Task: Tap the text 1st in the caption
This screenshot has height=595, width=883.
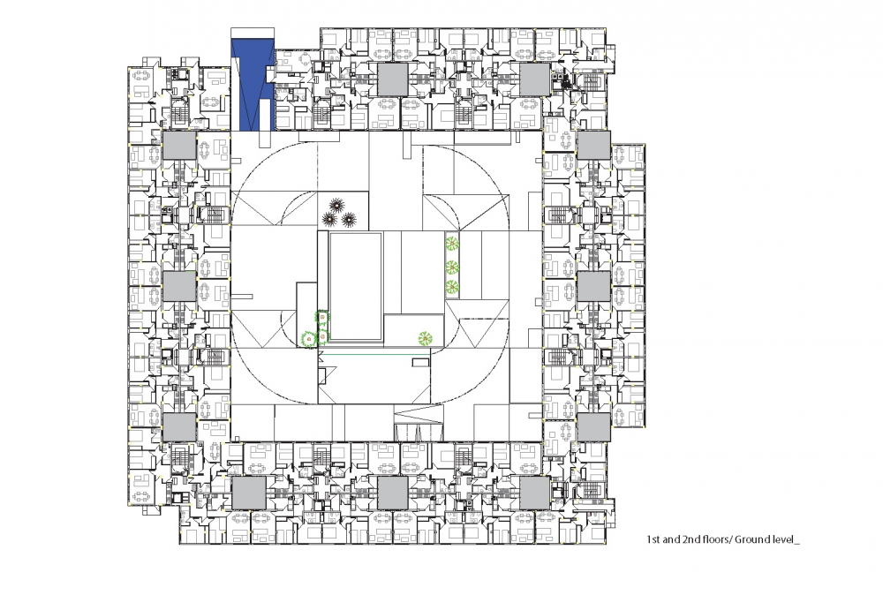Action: [653, 539]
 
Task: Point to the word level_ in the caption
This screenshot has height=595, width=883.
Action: [786, 539]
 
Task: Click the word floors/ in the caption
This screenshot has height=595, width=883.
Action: [715, 539]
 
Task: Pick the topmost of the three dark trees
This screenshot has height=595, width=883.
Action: [337, 205]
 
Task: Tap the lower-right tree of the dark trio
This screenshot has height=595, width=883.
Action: [349, 219]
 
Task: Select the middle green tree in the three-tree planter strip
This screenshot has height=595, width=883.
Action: [451, 267]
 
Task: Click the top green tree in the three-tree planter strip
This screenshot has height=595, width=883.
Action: [451, 245]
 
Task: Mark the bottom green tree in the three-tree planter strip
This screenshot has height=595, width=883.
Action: [451, 287]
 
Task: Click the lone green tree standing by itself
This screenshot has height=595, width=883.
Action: [426, 338]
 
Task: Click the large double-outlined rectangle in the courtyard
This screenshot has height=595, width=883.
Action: [355, 287]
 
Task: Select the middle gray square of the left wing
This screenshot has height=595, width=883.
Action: [179, 287]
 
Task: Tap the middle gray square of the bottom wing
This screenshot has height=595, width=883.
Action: [393, 493]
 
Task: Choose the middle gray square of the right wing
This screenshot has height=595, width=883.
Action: [593, 287]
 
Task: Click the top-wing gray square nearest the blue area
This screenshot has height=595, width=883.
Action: [393, 79]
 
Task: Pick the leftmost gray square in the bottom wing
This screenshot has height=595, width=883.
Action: [249, 493]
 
